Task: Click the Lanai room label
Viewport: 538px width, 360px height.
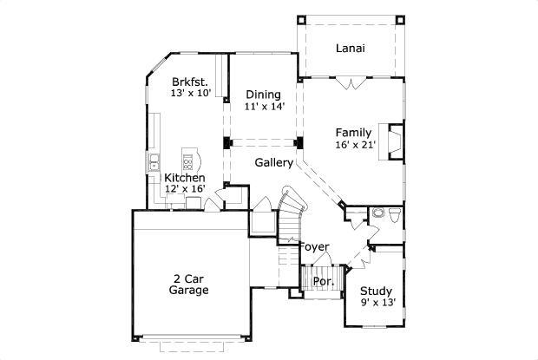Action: coord(350,49)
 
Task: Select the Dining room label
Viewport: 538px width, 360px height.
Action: coord(262,95)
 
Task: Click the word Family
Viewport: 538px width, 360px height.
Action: coord(354,133)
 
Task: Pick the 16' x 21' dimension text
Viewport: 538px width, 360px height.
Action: coord(356,145)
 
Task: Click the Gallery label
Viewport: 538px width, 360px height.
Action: coord(273,162)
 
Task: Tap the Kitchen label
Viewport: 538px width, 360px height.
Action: coord(185,178)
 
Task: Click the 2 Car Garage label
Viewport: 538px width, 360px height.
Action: coord(188,285)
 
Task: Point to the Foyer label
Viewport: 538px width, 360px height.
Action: coord(314,246)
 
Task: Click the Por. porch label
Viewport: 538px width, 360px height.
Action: coord(323,282)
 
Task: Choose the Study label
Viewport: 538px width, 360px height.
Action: coord(377,291)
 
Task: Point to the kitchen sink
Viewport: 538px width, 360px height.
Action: coord(154,160)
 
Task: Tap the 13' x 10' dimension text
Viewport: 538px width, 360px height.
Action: coord(191,93)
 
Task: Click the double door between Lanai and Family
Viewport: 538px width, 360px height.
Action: coord(351,83)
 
